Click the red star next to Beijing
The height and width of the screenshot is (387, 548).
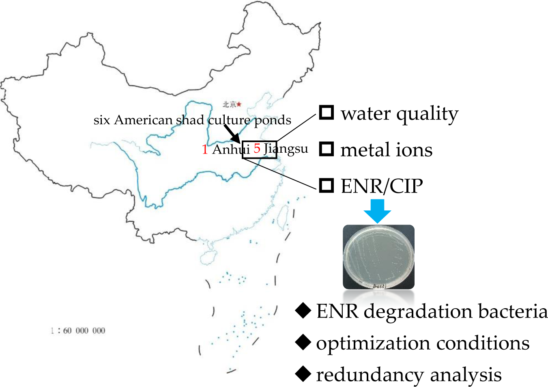(239, 104)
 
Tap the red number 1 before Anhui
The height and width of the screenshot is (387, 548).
(205, 149)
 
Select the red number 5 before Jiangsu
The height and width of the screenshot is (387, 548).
(257, 148)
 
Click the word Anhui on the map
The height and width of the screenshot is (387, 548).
(230, 149)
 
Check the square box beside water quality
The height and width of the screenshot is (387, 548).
(327, 112)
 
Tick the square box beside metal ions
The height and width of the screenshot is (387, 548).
(327, 149)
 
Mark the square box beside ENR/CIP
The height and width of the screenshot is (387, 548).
(327, 185)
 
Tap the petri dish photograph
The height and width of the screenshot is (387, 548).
(378, 257)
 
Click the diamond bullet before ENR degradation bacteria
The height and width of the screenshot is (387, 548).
(303, 311)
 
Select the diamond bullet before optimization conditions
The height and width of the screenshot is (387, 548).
(303, 342)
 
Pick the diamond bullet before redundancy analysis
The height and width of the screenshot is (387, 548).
(303, 374)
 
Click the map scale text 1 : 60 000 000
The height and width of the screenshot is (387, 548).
(78, 331)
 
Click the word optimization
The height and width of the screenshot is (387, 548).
(374, 344)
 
